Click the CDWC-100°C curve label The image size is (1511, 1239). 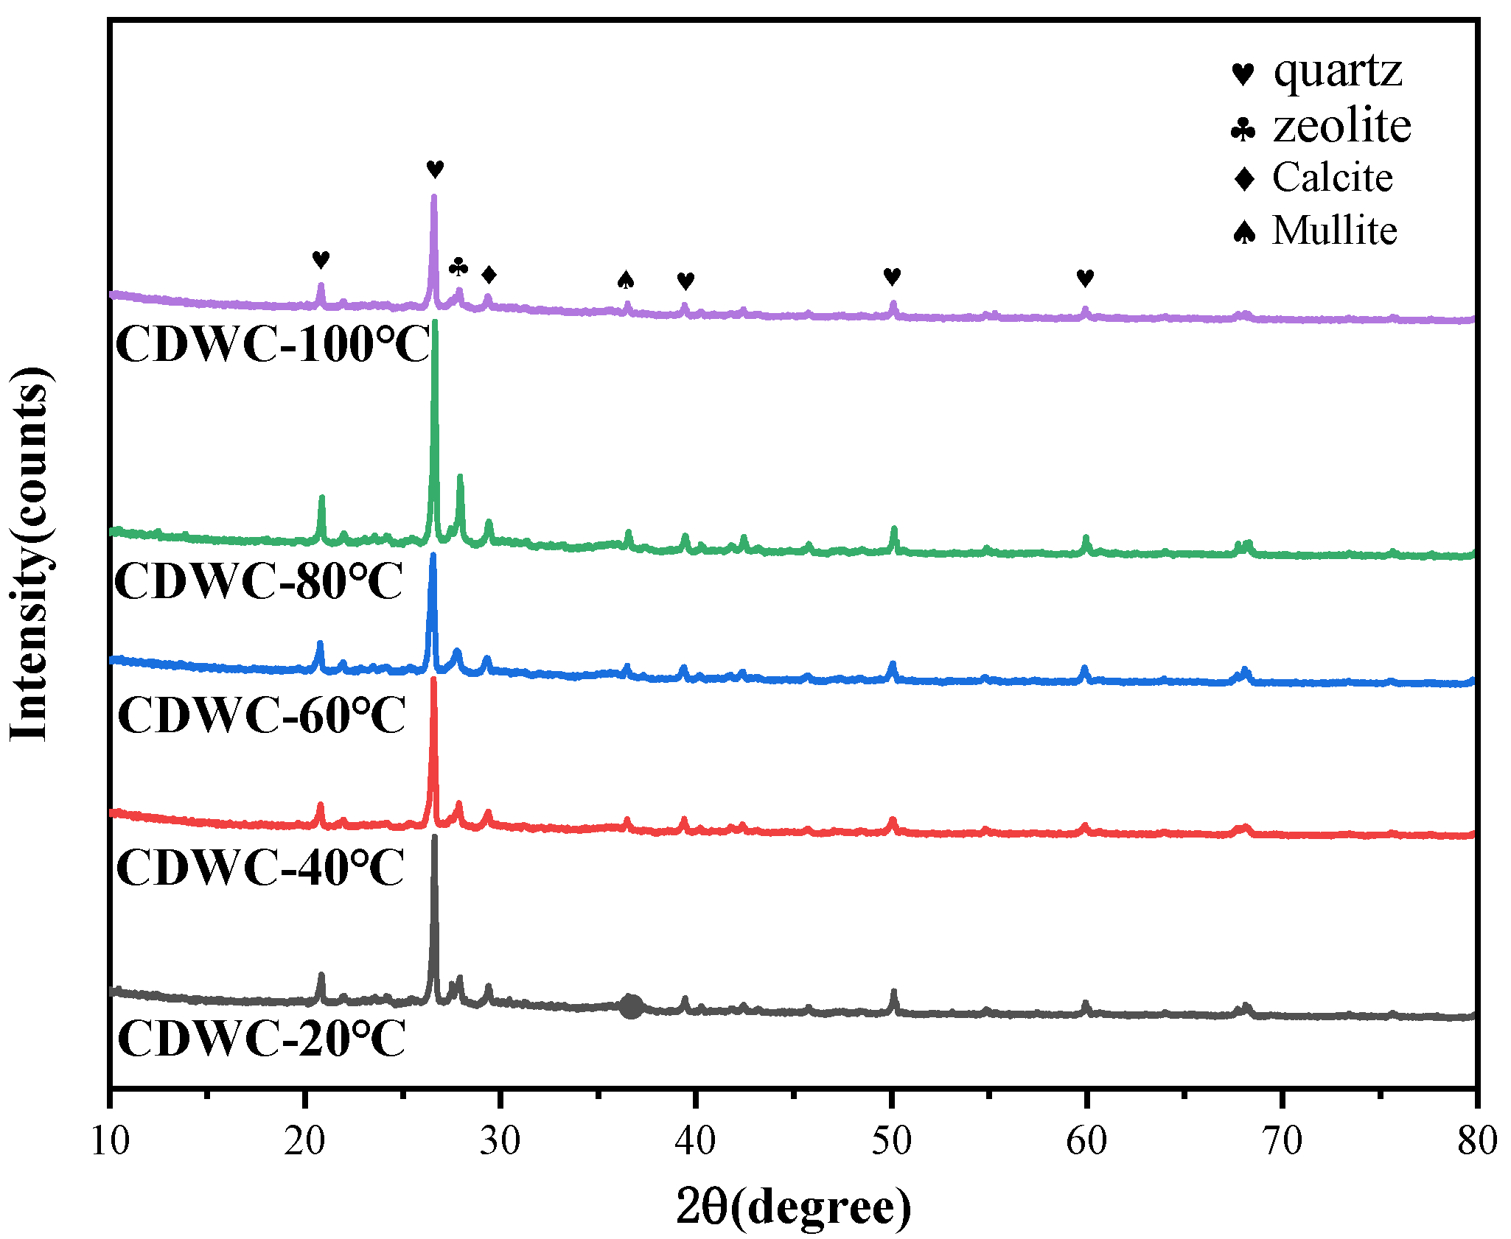[273, 345]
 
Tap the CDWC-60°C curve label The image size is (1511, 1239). [262, 715]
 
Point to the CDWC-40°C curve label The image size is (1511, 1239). [259, 867]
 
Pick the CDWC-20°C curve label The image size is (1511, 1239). [262, 1039]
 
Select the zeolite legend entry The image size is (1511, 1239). [1321, 126]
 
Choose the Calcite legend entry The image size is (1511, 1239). [1313, 178]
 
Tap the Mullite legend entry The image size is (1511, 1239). [1316, 231]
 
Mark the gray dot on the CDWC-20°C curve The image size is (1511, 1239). [631, 1006]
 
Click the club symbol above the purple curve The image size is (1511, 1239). [458, 267]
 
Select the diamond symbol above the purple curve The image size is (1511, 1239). [489, 275]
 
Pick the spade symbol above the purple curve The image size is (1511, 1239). [626, 279]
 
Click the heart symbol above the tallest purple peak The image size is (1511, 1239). [435, 169]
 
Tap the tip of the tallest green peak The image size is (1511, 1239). [435, 322]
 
